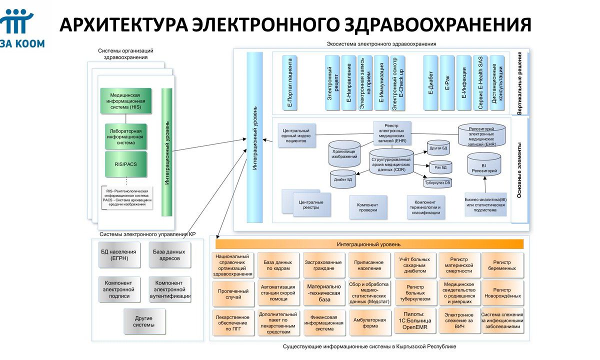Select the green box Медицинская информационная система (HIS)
pos(126,101)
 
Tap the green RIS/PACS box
pos(126,164)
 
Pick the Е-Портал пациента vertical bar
pos(289,83)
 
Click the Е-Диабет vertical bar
pos(430,83)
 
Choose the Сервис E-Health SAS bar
pos(480,83)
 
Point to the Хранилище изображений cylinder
pos(344,154)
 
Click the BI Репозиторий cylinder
pos(484,164)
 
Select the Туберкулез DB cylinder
pos(437,182)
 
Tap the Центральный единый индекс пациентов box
pos(297,135)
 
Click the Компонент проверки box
pos(368,207)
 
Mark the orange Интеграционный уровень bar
pos(369,244)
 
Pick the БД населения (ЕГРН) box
pos(119,254)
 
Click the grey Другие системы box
pos(144,321)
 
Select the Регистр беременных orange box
pos(502,265)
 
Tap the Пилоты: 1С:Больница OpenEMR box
pos(415,320)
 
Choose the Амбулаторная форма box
pos(370,323)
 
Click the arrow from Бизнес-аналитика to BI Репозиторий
pos(485,184)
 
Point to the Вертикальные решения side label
pos(519,83)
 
